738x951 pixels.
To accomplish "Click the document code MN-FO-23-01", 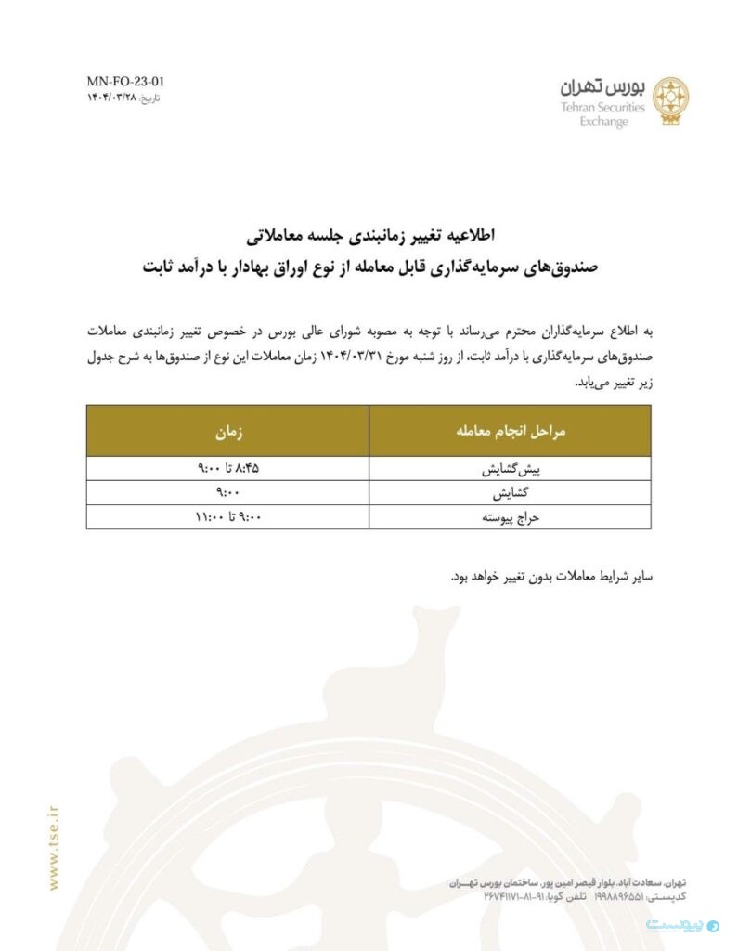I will click(x=125, y=82).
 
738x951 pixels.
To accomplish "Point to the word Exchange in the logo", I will click(x=603, y=122).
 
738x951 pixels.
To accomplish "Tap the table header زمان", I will click(x=227, y=432).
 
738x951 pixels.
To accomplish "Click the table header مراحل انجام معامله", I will click(x=510, y=432).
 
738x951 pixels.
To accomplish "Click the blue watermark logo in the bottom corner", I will click(x=683, y=926).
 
